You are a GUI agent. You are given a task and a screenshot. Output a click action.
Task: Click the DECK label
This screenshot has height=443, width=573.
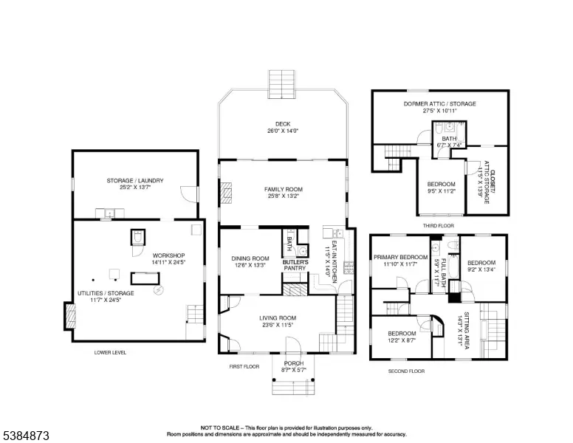coord(284,124)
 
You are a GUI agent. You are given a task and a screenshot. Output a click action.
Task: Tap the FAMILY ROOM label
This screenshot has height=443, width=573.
coord(284,190)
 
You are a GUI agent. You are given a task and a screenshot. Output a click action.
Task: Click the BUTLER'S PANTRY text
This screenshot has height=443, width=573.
coord(295,265)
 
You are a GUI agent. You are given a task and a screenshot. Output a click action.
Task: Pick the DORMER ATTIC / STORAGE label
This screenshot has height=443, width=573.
coord(439,103)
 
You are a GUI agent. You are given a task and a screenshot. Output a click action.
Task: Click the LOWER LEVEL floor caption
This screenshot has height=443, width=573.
coord(110,353)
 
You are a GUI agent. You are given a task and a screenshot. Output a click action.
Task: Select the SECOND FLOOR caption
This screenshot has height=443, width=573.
coord(407,371)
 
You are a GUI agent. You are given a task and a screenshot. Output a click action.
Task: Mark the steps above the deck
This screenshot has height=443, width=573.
coord(282,81)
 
